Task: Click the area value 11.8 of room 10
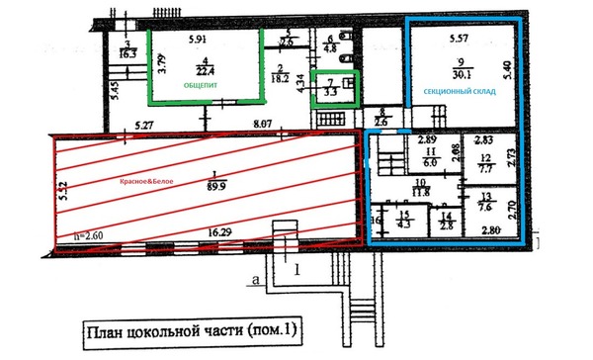420,192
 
